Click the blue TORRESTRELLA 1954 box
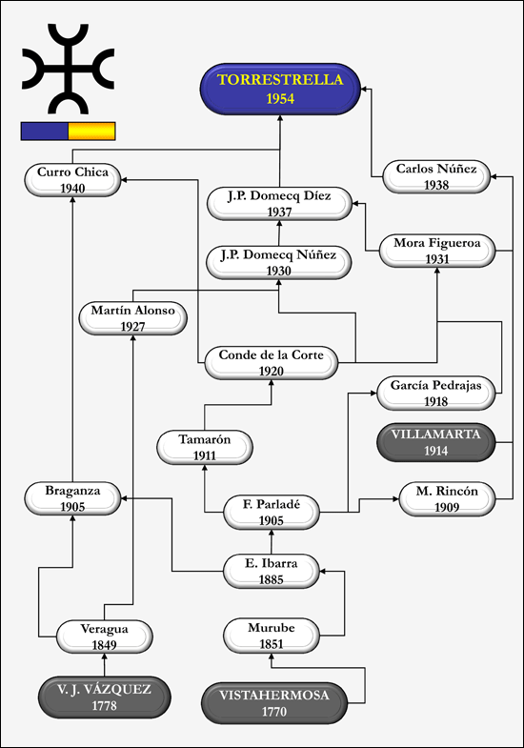click(x=280, y=89)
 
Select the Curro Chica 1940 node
click(x=72, y=180)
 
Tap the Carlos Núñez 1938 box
click(x=436, y=176)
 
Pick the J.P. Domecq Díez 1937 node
click(x=279, y=204)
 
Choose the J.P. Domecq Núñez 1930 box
click(x=279, y=263)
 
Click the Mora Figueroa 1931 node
click(x=437, y=251)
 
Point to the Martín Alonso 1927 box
click(x=133, y=318)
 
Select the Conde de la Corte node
click(x=272, y=363)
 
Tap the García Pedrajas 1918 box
click(x=436, y=394)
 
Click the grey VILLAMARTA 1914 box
click(x=436, y=442)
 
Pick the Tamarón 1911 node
click(x=205, y=448)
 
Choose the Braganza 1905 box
click(x=72, y=498)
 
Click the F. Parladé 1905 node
click(x=272, y=513)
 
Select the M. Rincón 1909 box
click(x=447, y=499)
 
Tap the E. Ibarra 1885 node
click(x=272, y=572)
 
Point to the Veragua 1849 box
click(x=105, y=637)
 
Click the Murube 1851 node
click(x=272, y=636)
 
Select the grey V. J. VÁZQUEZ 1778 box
click(x=105, y=697)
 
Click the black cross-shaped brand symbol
click(x=69, y=69)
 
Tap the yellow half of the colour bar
click(x=91, y=131)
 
